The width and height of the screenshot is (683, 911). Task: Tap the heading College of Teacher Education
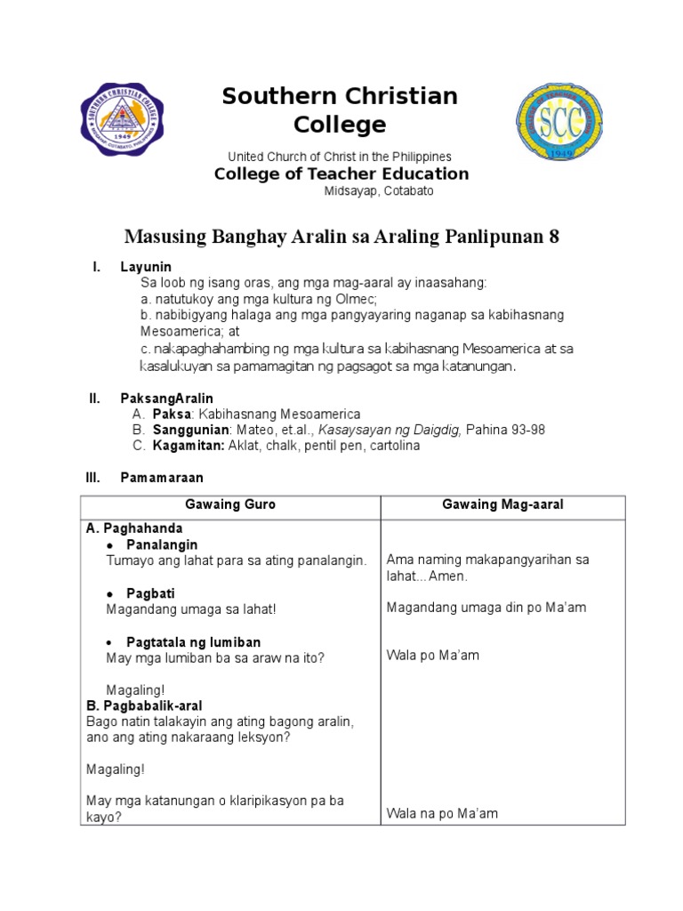pyautogui.click(x=341, y=173)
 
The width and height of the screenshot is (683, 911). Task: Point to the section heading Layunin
pyautogui.click(x=146, y=267)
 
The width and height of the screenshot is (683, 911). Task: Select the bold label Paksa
pyautogui.click(x=172, y=414)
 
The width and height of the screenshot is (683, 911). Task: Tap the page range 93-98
pyautogui.click(x=526, y=430)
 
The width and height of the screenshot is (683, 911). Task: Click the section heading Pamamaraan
pyautogui.click(x=162, y=478)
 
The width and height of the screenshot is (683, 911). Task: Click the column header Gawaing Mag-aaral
pyautogui.click(x=502, y=504)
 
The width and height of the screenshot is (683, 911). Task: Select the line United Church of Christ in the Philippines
pyautogui.click(x=340, y=157)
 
